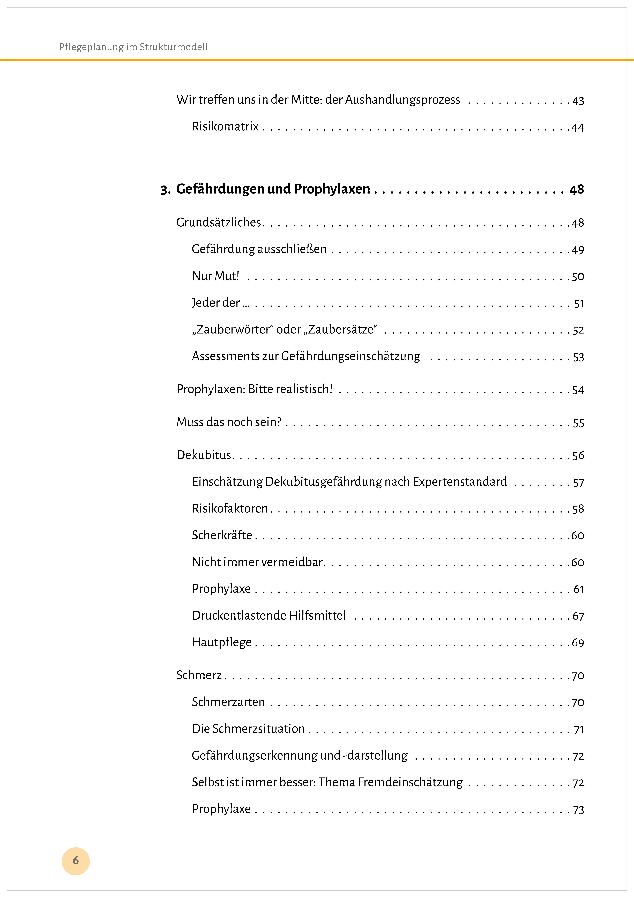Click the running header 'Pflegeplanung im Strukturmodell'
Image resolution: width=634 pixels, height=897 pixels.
[x=133, y=47]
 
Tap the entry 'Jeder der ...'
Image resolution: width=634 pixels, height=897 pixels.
[x=220, y=303]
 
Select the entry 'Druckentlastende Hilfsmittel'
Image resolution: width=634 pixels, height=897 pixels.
[x=269, y=616]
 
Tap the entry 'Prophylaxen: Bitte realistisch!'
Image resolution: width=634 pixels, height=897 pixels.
[x=254, y=389]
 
